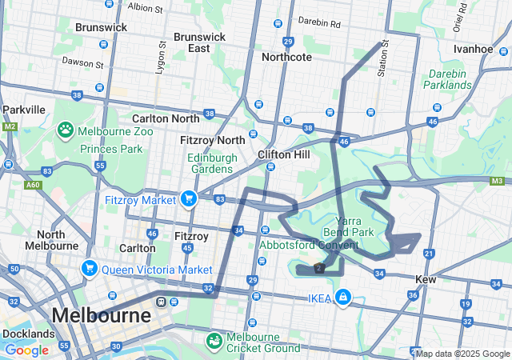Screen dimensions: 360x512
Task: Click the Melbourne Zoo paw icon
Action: coord(66,130)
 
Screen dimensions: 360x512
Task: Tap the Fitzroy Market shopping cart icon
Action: coord(190,198)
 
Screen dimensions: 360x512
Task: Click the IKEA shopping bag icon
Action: coord(343,298)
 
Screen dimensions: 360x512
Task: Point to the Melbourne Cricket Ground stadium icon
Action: coord(214,342)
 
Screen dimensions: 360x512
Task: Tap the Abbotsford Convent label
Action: coord(308,245)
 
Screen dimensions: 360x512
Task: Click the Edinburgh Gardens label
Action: coord(213,163)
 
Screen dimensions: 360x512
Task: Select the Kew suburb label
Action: coord(425,279)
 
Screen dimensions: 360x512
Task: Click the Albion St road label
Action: coord(145,8)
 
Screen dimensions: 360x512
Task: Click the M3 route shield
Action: coord(497,182)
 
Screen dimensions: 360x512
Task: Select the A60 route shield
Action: coord(33,185)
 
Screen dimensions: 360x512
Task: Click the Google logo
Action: coord(26,350)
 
